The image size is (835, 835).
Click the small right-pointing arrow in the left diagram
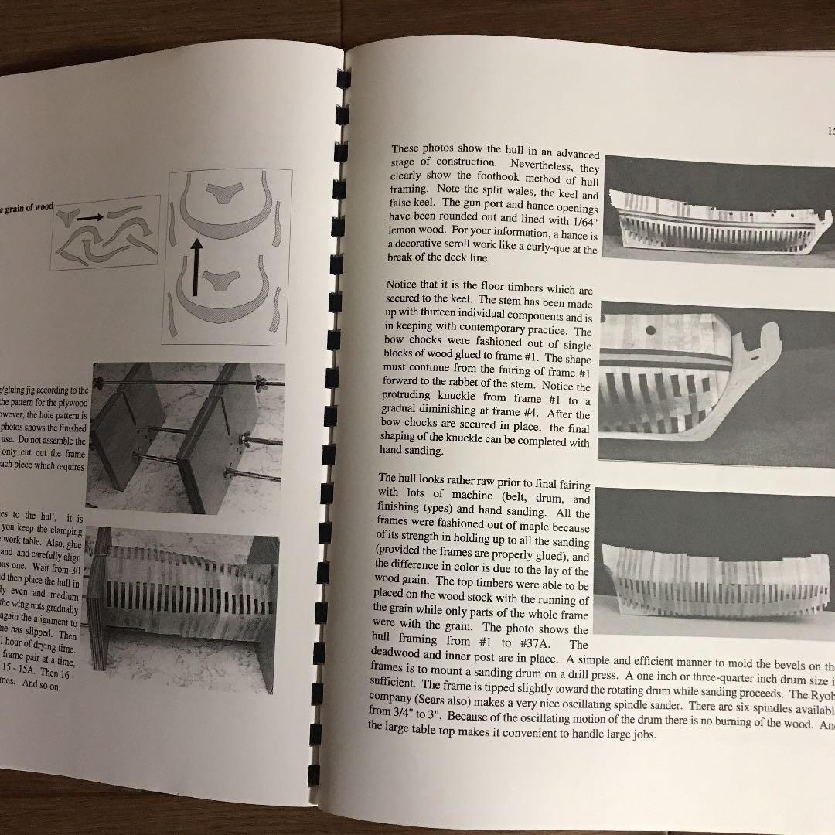[90, 218]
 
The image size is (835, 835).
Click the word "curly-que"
[545, 250]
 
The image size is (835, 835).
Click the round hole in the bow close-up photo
[650, 330]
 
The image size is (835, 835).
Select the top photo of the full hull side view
[719, 213]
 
